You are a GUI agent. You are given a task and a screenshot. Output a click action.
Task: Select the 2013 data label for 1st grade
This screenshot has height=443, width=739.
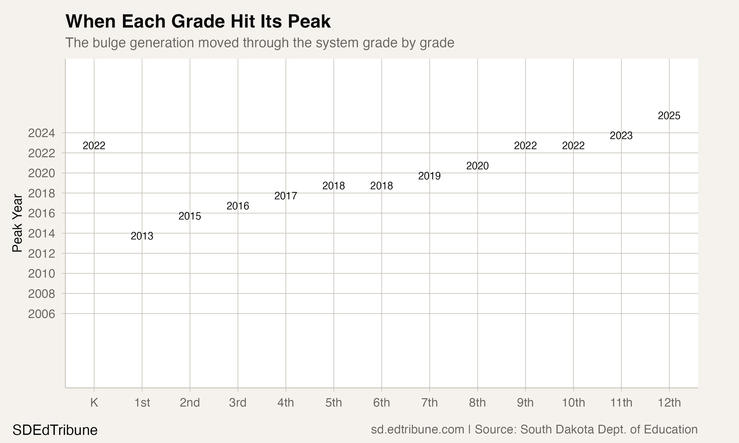pos(142,236)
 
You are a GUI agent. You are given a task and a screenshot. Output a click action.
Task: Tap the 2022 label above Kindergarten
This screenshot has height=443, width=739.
pos(94,146)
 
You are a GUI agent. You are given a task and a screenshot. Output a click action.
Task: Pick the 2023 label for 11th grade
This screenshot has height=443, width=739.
pos(621,136)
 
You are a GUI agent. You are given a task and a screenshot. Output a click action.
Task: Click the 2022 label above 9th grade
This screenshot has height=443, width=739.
pos(525,146)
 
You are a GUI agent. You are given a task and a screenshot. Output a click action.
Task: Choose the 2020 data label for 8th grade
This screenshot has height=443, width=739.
pos(477,166)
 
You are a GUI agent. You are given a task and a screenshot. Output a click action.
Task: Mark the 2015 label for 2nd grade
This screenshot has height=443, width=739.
pos(190,216)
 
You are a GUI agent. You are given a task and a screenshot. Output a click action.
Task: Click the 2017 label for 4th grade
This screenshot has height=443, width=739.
pos(286,196)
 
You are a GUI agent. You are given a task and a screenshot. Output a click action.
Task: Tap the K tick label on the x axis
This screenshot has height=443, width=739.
pos(94,403)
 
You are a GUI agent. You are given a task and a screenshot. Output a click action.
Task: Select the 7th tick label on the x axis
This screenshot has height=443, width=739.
pos(429,403)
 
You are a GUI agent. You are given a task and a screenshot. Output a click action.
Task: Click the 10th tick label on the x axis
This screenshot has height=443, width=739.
pos(573,403)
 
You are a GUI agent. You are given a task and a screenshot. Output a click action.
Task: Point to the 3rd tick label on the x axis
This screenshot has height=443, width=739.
pos(237,403)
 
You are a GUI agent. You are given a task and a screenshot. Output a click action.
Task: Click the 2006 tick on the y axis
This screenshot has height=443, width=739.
pos(42,314)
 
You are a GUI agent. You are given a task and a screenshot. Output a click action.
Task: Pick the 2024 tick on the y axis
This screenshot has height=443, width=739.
pos(42,133)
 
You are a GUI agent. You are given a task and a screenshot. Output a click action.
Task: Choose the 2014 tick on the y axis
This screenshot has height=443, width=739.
pos(42,234)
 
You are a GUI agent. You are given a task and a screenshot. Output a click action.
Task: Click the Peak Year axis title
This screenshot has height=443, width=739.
pos(17,223)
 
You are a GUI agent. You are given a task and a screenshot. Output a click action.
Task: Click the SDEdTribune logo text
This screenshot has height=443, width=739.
pos(55,430)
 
